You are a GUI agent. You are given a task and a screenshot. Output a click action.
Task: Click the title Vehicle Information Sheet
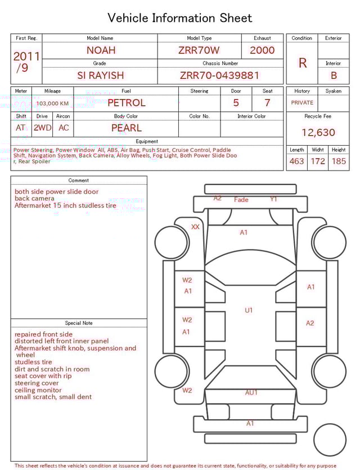180,18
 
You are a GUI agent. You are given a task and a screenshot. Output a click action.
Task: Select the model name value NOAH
101,50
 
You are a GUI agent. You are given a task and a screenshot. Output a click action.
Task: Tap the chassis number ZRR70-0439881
219,75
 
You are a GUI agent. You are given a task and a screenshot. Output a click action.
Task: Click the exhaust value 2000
262,50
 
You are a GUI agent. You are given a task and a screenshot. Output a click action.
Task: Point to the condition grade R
303,63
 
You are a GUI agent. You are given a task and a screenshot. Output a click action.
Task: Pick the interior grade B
334,75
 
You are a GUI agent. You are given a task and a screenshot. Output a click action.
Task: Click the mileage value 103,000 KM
52,104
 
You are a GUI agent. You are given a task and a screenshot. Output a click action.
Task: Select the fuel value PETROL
127,103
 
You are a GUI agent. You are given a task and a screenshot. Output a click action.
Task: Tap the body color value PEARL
127,128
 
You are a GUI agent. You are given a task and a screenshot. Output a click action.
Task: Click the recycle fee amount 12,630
318,133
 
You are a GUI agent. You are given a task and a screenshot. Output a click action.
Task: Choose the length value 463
296,162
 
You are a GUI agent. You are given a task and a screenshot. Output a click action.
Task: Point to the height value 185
339,162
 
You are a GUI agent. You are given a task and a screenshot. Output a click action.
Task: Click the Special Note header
79,323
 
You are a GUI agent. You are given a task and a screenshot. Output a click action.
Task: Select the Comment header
79,181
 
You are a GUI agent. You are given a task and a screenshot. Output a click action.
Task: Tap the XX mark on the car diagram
195,227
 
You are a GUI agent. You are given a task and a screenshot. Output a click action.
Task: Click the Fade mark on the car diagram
241,200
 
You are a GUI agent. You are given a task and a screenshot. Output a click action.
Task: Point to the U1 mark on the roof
249,310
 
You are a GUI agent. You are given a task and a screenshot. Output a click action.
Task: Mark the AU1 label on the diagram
251,393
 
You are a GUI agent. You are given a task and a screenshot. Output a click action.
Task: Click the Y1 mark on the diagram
273,199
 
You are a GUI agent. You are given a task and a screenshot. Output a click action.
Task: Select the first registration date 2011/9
26,62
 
